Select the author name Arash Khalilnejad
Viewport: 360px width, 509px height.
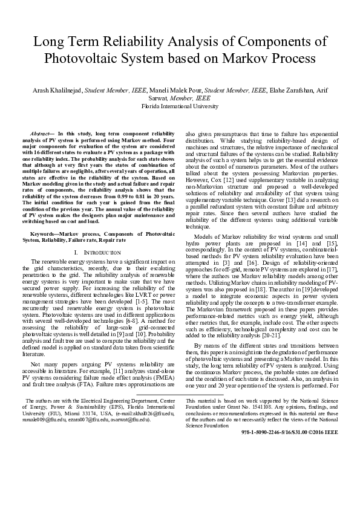[x=56, y=90]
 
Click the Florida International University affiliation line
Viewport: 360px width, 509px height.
[x=180, y=106]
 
